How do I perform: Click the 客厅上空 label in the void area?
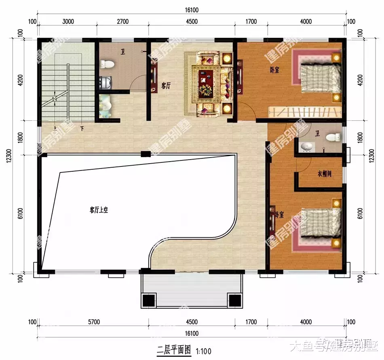point(99,210)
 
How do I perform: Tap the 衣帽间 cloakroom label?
point(324,174)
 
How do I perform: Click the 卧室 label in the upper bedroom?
point(275,70)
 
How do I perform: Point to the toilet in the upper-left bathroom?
point(108,64)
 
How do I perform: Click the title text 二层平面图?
point(174,350)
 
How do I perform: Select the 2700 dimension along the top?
point(122,21)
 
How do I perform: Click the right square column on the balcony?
point(234,300)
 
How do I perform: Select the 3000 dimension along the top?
point(68,21)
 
